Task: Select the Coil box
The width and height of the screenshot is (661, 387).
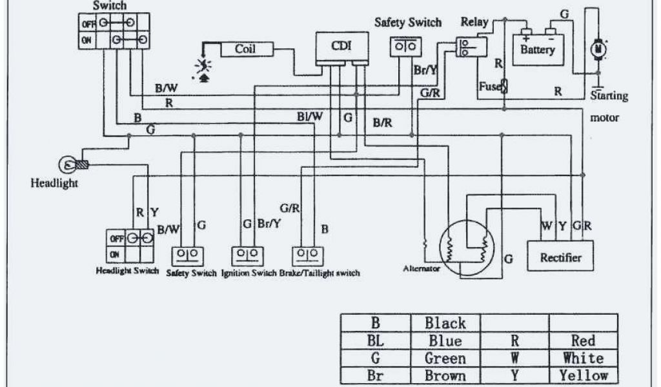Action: coord(247,49)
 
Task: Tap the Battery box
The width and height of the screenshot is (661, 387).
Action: coord(538,50)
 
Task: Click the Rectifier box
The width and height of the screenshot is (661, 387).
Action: coord(561,255)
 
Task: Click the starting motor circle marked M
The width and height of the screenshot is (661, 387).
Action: coord(598,49)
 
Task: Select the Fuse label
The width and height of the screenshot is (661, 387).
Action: coord(489,86)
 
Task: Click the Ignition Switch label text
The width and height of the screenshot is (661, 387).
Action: coord(249,273)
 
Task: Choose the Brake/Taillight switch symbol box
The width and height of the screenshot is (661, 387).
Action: coord(308,256)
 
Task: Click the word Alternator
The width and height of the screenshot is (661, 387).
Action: coord(421,268)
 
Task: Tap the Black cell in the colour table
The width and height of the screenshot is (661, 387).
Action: coord(445,323)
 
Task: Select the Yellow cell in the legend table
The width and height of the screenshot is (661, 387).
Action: coord(584,375)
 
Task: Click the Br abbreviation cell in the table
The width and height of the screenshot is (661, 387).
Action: coord(376,375)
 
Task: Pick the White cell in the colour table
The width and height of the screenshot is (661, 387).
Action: coord(584,358)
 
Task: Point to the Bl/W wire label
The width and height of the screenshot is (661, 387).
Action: coord(310,116)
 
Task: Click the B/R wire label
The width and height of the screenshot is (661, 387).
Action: coord(382,123)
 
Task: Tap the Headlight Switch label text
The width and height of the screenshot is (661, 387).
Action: coord(127,270)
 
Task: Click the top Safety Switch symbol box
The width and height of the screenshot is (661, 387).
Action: coord(405,46)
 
